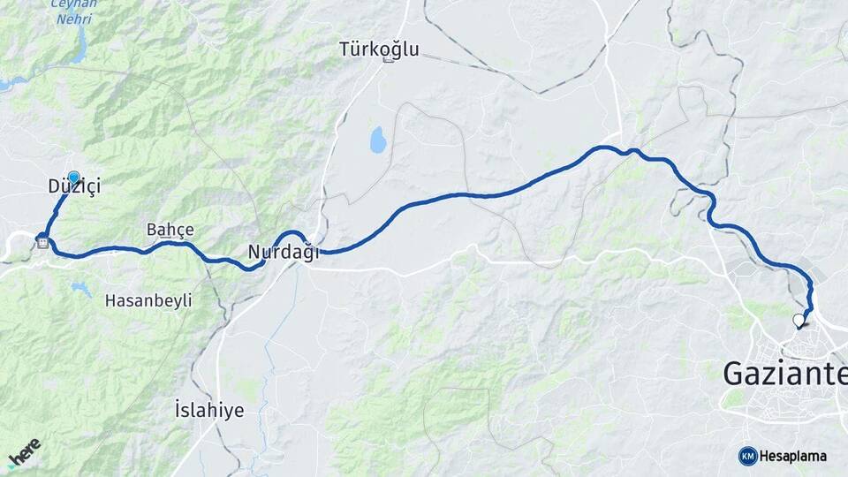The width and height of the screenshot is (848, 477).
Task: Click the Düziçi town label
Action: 75,187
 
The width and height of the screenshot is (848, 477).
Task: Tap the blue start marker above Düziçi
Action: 73,178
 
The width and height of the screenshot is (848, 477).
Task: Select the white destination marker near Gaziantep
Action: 799,320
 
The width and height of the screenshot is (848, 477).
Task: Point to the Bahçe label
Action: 170,230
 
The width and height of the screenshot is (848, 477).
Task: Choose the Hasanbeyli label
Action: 148,300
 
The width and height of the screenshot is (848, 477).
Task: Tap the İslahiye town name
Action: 209,411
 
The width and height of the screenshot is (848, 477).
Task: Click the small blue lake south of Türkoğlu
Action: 378,138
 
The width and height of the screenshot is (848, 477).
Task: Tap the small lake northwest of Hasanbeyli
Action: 80,288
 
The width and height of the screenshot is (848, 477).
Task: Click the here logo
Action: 24,452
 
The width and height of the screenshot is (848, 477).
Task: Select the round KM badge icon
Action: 747,456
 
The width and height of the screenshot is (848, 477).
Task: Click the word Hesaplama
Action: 793,457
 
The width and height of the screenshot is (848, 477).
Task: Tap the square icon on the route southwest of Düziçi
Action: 42,238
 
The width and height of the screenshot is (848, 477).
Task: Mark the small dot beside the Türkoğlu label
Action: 386,61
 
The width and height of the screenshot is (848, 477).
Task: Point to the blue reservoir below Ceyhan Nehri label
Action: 79,49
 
